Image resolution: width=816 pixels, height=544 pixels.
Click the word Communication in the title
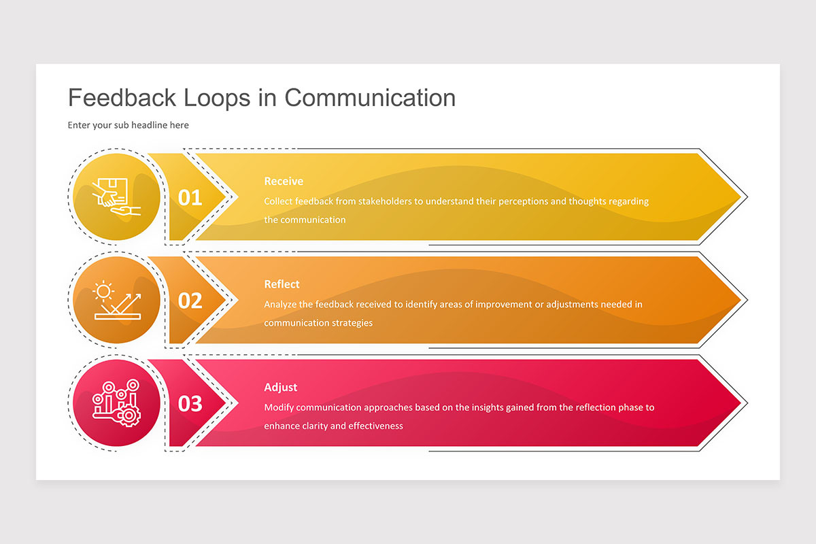tap(370, 98)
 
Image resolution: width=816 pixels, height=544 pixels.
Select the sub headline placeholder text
tap(128, 125)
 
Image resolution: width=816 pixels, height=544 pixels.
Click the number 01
tap(190, 198)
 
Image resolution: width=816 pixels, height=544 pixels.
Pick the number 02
tap(190, 301)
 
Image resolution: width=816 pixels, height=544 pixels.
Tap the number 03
tap(190, 404)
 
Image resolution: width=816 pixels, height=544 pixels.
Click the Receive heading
tap(284, 182)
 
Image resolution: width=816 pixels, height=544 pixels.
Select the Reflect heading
tap(282, 284)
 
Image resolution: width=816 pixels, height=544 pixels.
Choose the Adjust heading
tap(280, 387)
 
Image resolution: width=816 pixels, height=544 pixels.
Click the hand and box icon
tap(116, 197)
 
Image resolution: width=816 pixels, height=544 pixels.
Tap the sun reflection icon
tap(116, 300)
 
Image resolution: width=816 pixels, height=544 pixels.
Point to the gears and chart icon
tap(116, 403)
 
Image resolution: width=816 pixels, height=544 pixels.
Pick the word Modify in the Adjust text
tap(279, 407)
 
